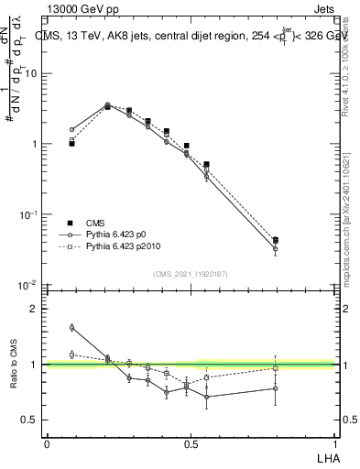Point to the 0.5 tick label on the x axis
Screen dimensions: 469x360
191,443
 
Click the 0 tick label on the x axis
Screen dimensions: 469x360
47,443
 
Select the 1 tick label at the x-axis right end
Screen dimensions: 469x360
334,443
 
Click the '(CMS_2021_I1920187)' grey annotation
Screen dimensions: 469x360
191,273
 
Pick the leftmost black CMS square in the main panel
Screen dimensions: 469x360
71,144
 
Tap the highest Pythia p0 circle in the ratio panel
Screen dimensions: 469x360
71,327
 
